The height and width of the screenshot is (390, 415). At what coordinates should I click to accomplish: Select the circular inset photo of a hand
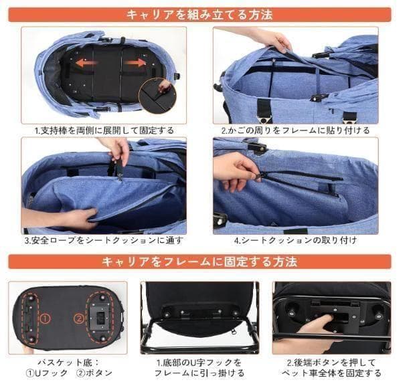(158, 94)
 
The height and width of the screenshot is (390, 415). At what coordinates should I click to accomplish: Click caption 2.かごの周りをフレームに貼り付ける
(295, 130)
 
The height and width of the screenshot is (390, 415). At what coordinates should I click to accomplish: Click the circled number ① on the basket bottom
(44, 319)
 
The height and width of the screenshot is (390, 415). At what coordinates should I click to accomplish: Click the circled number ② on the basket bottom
(78, 319)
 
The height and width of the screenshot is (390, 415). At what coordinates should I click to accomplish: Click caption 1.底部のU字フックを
(199, 362)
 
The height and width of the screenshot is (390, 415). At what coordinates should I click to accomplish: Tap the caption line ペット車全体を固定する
(332, 373)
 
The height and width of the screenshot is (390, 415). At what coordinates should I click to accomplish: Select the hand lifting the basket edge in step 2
(270, 40)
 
